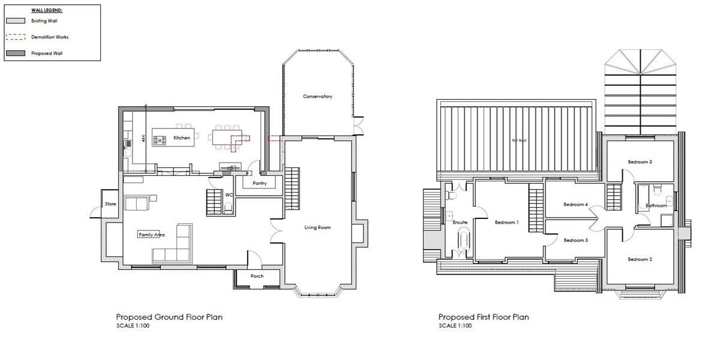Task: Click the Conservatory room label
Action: coord(317,97)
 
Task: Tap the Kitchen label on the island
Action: coord(182,138)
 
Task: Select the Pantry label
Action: coord(260,182)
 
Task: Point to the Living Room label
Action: coord(317,227)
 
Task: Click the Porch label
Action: coord(257,277)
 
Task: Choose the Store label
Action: coord(110,204)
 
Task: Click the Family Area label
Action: coord(151,235)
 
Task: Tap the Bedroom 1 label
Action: coord(506,223)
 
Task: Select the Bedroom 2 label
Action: coord(640,259)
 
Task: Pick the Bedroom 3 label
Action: coord(640,162)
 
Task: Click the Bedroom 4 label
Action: coord(575,205)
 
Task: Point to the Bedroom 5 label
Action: coord(575,240)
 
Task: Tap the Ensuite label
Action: coord(460,223)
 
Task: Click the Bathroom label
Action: coord(656,206)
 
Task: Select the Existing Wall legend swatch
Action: coord(15,21)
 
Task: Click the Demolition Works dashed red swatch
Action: coord(15,37)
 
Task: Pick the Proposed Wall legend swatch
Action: coord(15,53)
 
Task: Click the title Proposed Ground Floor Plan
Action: coord(169,317)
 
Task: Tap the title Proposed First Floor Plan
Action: coord(484,317)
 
